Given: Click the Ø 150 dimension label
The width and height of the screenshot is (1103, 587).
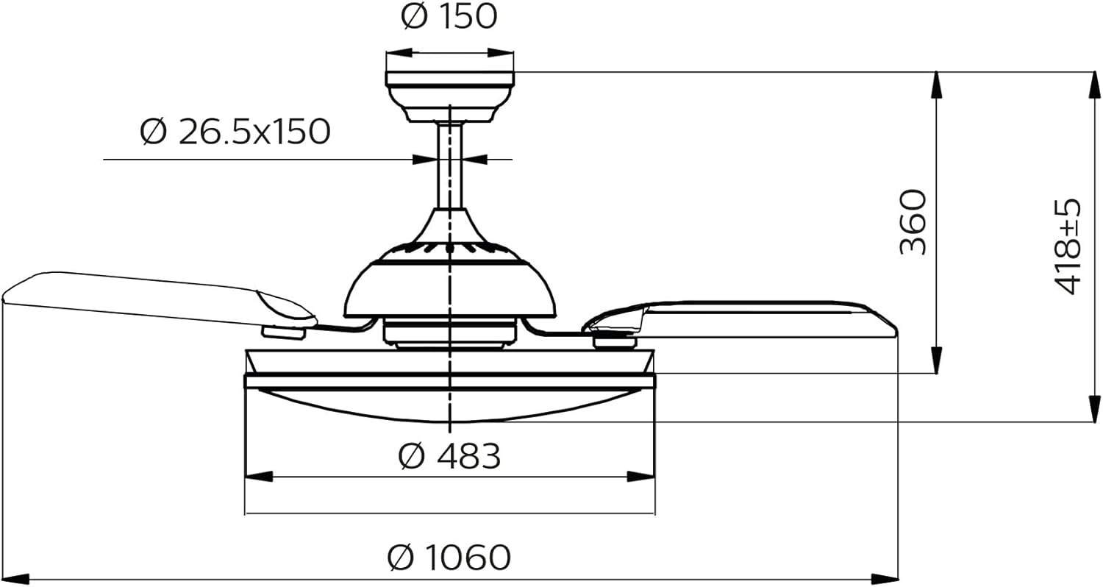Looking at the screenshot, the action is click(449, 16).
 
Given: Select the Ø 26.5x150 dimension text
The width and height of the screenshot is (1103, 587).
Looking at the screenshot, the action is click(235, 132).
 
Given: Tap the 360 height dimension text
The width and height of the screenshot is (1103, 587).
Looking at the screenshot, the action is click(913, 222).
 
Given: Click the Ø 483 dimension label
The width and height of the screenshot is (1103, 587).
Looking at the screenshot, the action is click(449, 455).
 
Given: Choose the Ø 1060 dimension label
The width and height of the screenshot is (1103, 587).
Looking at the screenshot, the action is click(449, 557).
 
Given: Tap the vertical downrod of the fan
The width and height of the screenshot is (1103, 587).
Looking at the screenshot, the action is click(450, 166).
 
